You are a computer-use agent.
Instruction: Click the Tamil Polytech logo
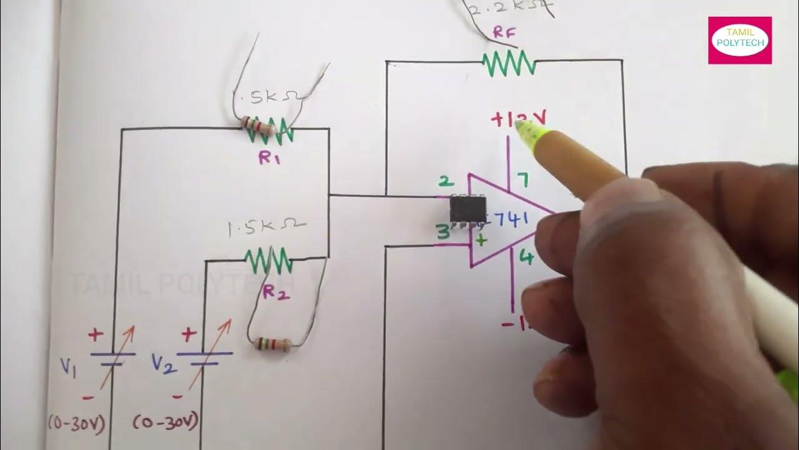tap(740, 40)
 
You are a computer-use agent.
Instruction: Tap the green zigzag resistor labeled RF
tap(509, 63)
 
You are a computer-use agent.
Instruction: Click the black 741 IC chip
tap(468, 209)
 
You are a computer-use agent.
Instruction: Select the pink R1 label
tap(270, 159)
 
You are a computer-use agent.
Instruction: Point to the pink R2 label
tap(275, 292)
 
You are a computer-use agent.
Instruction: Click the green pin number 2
tap(446, 181)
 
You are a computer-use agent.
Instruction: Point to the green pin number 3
tap(443, 233)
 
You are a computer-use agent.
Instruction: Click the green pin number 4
tap(527, 257)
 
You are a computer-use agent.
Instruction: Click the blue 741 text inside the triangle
tap(512, 219)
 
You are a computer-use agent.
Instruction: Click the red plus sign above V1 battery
tap(96, 335)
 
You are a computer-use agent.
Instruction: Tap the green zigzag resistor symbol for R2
tap(268, 259)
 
